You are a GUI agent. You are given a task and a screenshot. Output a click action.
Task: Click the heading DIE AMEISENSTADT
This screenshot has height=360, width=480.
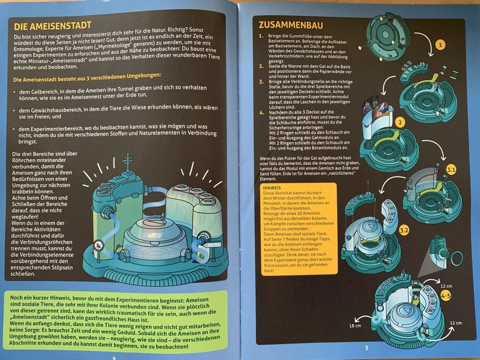click(53, 25)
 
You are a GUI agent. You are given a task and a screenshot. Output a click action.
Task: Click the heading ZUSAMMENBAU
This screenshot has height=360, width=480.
click(290, 25)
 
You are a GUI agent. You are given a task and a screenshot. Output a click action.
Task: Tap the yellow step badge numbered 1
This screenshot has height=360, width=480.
click(440, 45)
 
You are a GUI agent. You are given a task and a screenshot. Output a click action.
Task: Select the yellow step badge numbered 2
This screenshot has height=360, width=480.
click(400, 122)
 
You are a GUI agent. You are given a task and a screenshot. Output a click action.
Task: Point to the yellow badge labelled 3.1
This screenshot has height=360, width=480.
click(451, 170)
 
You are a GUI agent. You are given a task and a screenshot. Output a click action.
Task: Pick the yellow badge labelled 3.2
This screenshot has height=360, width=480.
click(404, 230)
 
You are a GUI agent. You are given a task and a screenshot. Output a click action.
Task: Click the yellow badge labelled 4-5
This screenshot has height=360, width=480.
click(446, 296)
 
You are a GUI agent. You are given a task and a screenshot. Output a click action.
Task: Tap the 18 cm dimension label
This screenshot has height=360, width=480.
click(355, 326)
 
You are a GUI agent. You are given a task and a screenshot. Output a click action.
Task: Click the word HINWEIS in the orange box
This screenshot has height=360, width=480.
click(272, 188)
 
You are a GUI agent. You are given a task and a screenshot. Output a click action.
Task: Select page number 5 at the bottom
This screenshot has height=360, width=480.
click(367, 348)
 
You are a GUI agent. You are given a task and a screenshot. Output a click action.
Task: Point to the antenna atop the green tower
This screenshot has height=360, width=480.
click(128, 163)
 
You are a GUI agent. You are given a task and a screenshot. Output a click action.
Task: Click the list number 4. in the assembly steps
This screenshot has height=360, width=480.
click(262, 112)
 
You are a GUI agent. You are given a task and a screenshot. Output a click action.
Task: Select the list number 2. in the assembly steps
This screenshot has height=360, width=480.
click(261, 66)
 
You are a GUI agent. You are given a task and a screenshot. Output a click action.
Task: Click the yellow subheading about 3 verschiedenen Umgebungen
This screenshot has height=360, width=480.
click(87, 77)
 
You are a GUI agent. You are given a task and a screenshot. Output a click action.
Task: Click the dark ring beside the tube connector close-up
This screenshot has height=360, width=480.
click(457, 257)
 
